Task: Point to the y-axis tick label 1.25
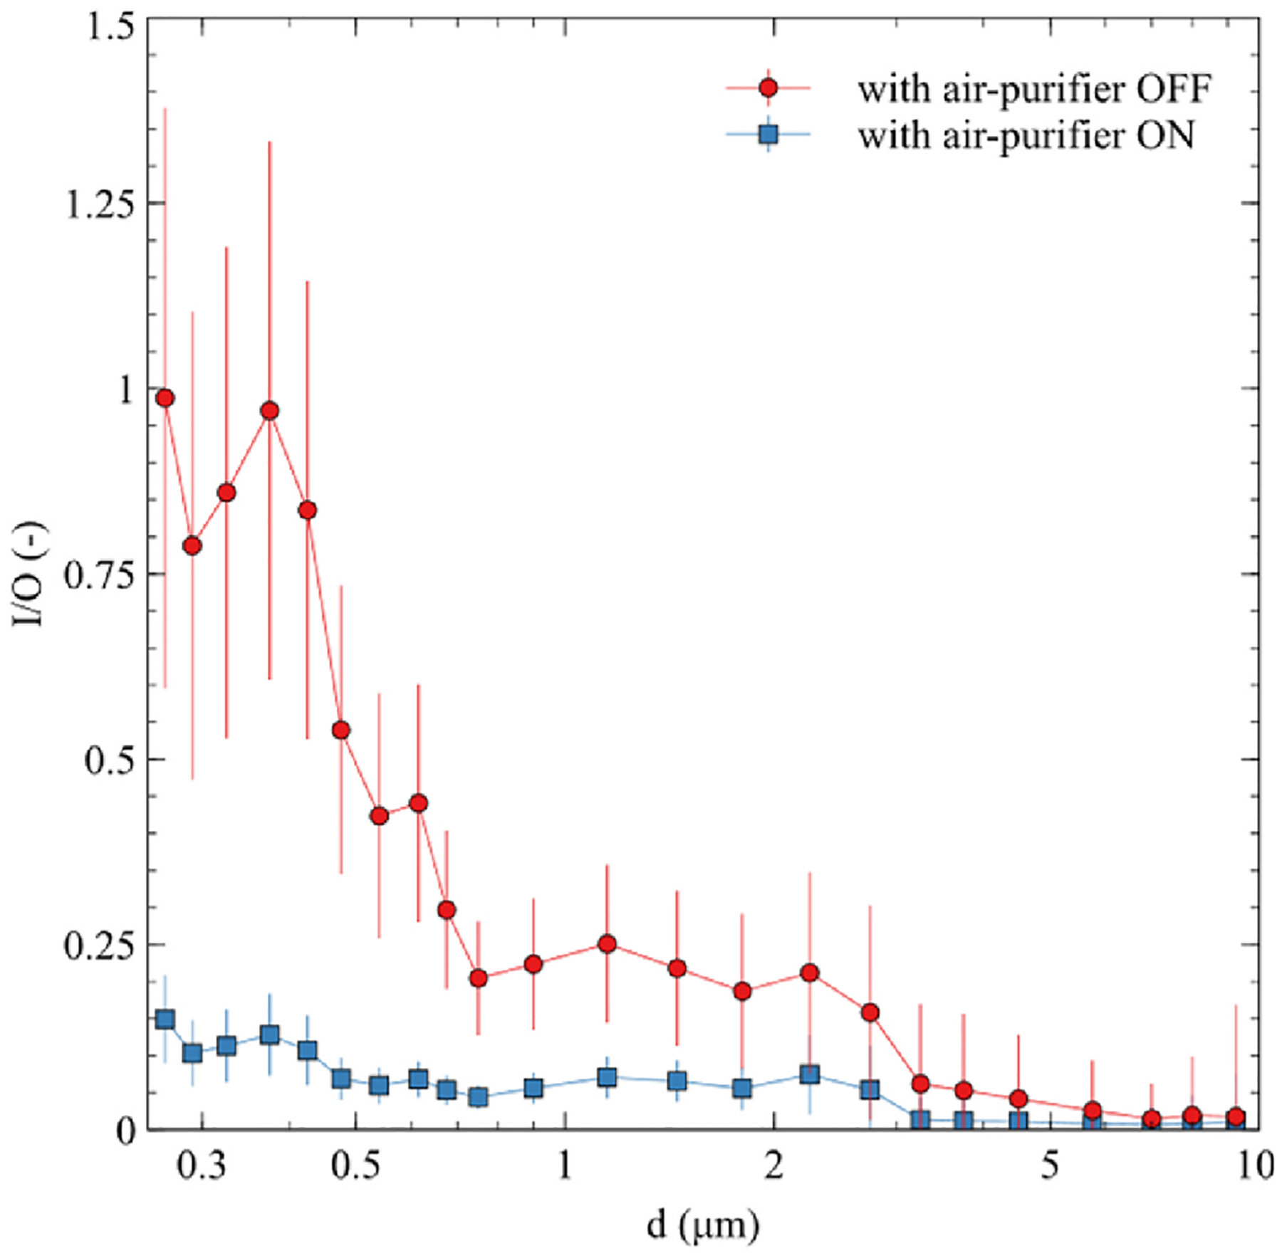(x=100, y=204)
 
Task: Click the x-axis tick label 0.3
(x=202, y=1167)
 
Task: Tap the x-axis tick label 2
(x=774, y=1167)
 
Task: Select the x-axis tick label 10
(x=1255, y=1167)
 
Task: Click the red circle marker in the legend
(x=768, y=88)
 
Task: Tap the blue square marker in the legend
(x=768, y=134)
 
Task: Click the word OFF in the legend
(x=1173, y=90)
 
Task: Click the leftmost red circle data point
(x=165, y=398)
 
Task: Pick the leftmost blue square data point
(x=165, y=1019)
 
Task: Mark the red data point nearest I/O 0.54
(x=341, y=730)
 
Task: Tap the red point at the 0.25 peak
(x=607, y=944)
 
